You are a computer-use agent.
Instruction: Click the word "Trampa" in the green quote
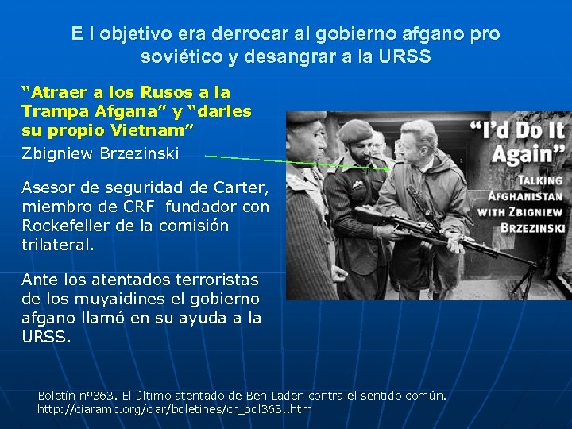(55, 110)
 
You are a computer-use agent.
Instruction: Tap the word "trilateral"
(56, 245)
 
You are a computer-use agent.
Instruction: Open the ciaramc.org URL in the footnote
(174, 410)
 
